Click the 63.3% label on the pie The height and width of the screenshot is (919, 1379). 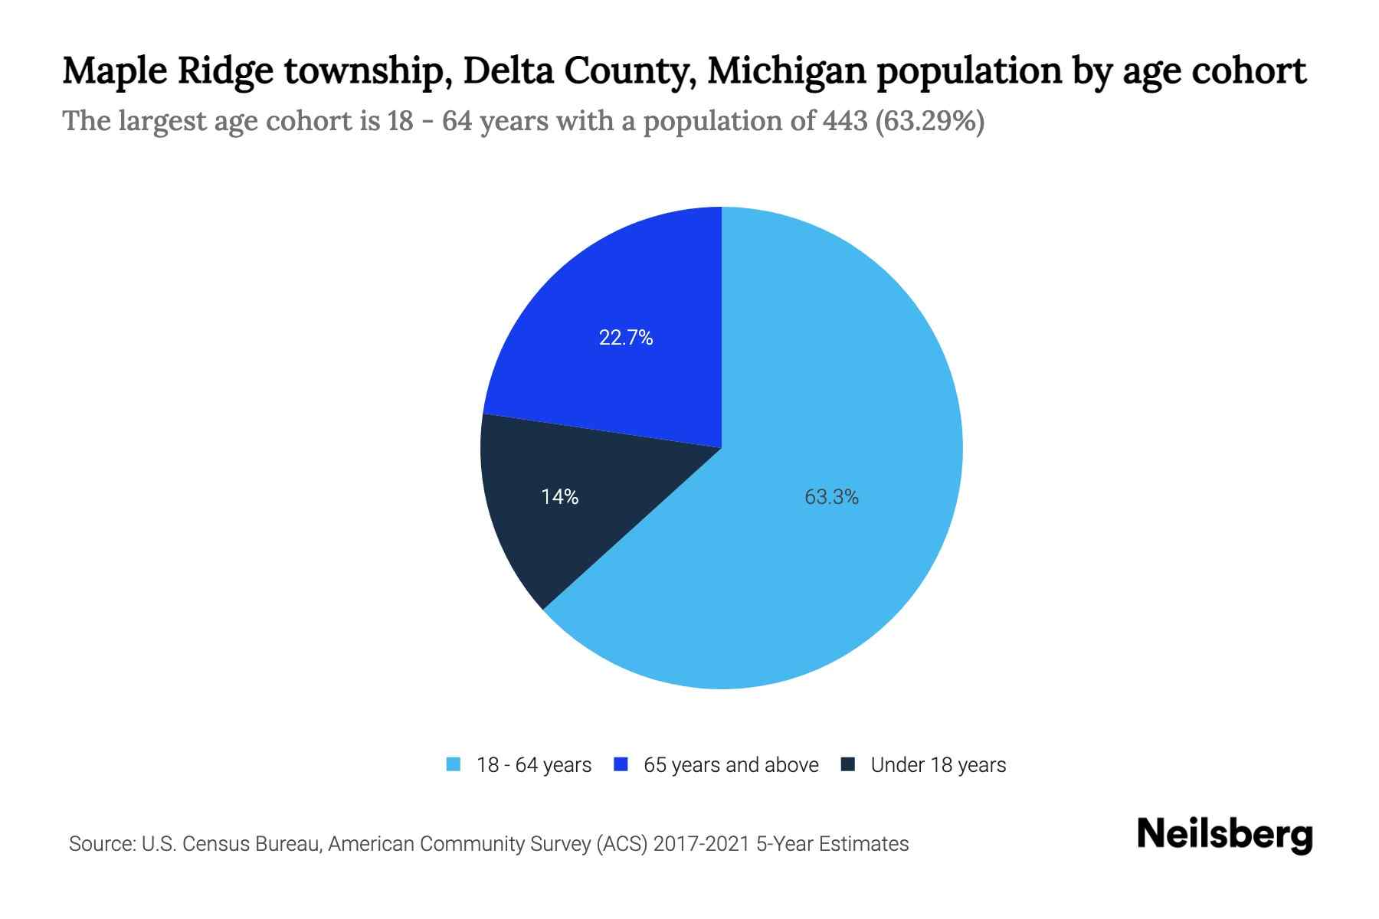tap(831, 497)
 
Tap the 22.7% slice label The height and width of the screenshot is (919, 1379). tap(626, 338)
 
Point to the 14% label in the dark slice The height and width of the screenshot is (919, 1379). tap(559, 497)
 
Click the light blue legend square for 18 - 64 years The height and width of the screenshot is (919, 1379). tap(454, 764)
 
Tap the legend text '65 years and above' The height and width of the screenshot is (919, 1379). tap(731, 765)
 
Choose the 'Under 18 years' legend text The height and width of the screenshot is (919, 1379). tap(938, 765)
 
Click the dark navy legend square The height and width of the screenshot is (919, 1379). tap(847, 764)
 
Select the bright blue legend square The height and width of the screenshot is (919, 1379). tap(621, 764)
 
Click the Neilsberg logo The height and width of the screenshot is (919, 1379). tap(1224, 835)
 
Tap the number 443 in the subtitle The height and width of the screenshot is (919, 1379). tap(845, 121)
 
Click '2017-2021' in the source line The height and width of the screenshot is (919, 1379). tap(702, 844)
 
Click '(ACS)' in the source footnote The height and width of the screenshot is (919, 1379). tap(621, 844)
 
